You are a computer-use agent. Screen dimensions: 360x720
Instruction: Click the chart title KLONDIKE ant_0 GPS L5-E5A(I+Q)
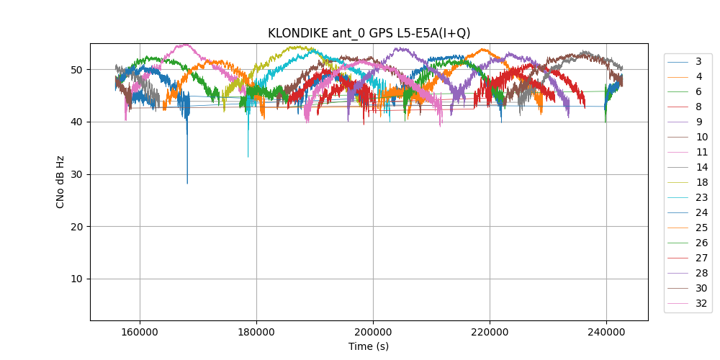tap(369, 33)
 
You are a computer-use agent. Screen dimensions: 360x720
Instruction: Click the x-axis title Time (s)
tap(369, 346)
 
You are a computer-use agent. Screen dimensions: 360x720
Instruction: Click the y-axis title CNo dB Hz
tap(60, 181)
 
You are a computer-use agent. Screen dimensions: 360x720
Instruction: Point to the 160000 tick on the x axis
tap(140, 332)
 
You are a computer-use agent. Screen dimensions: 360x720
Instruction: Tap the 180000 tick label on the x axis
tap(256, 332)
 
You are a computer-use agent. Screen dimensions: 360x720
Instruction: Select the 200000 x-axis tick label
tap(373, 332)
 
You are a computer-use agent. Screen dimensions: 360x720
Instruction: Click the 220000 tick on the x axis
tap(490, 332)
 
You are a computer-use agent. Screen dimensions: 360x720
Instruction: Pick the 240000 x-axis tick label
tap(606, 332)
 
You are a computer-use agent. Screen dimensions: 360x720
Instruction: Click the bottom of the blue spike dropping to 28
tap(187, 184)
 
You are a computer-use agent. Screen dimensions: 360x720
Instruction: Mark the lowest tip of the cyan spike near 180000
tap(248, 157)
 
